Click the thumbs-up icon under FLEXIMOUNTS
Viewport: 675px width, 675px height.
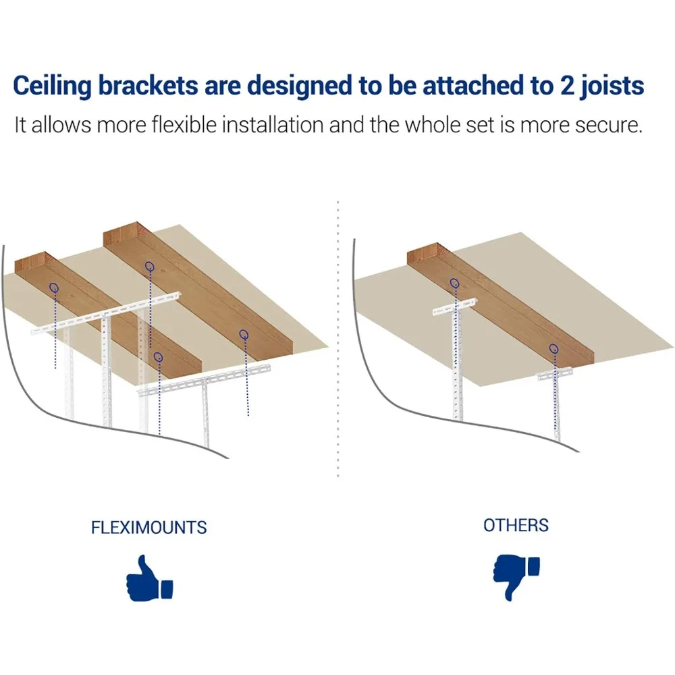pos(149,578)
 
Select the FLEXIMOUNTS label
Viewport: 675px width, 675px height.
pos(149,527)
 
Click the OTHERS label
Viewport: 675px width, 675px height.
pos(516,525)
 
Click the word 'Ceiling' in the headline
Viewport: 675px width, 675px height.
pos(52,86)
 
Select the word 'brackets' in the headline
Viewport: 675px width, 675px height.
pos(148,85)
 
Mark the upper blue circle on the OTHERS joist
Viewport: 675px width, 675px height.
pos(454,283)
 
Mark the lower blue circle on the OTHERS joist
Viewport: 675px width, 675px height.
pos(554,348)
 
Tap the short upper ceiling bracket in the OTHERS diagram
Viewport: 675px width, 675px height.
pos(454,306)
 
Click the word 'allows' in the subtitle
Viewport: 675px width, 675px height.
pos(61,125)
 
